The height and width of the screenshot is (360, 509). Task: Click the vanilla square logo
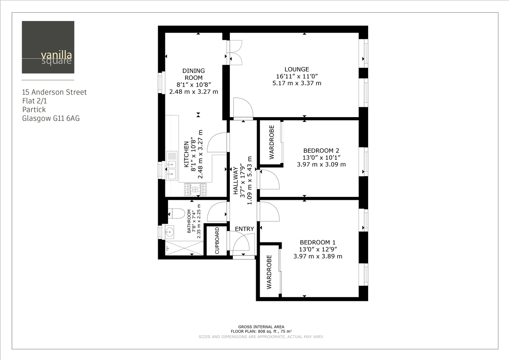pos(48,47)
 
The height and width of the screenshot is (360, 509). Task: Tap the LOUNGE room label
pos(296,69)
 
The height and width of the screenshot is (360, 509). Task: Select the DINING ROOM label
pos(193,74)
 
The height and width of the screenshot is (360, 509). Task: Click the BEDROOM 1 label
pos(318,242)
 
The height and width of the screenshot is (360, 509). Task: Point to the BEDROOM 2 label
pos(321,150)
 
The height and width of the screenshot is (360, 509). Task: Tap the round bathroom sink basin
pos(170,232)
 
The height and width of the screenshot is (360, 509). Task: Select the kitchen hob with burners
pos(195,189)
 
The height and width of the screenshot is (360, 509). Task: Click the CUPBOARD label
pos(217,241)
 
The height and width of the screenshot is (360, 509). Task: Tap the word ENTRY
pos(244,229)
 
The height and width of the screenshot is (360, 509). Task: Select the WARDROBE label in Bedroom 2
pos(271,142)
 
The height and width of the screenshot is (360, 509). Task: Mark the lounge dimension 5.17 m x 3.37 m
pos(296,83)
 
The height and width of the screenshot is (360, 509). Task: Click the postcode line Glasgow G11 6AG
pos(51,118)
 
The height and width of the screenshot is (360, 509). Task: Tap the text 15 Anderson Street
pos(54,92)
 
